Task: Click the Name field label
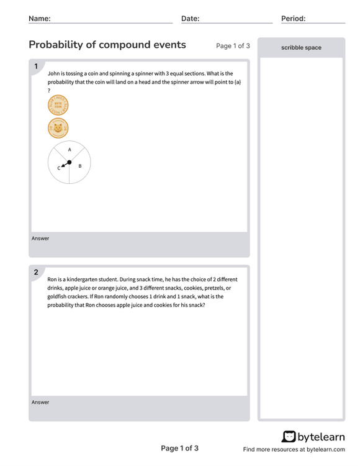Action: coord(40,19)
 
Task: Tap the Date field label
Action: coord(190,19)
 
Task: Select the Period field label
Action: coord(293,19)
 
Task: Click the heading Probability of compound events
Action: coord(107,45)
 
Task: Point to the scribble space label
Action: coord(301,47)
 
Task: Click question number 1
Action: coord(36,66)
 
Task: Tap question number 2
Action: coord(36,272)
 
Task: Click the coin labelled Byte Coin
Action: coord(58,106)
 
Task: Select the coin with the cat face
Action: coord(58,129)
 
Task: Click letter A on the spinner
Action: coord(70,150)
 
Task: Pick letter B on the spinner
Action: coord(80,166)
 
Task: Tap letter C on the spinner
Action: coord(59,168)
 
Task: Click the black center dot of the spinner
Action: coord(70,162)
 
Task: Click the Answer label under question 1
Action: coord(40,239)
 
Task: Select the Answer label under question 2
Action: coord(40,403)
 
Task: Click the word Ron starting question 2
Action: coord(53,280)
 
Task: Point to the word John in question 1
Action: coord(54,73)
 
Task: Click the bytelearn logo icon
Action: coord(289,437)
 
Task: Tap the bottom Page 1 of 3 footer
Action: coord(179,449)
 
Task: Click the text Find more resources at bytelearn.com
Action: coord(294,449)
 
